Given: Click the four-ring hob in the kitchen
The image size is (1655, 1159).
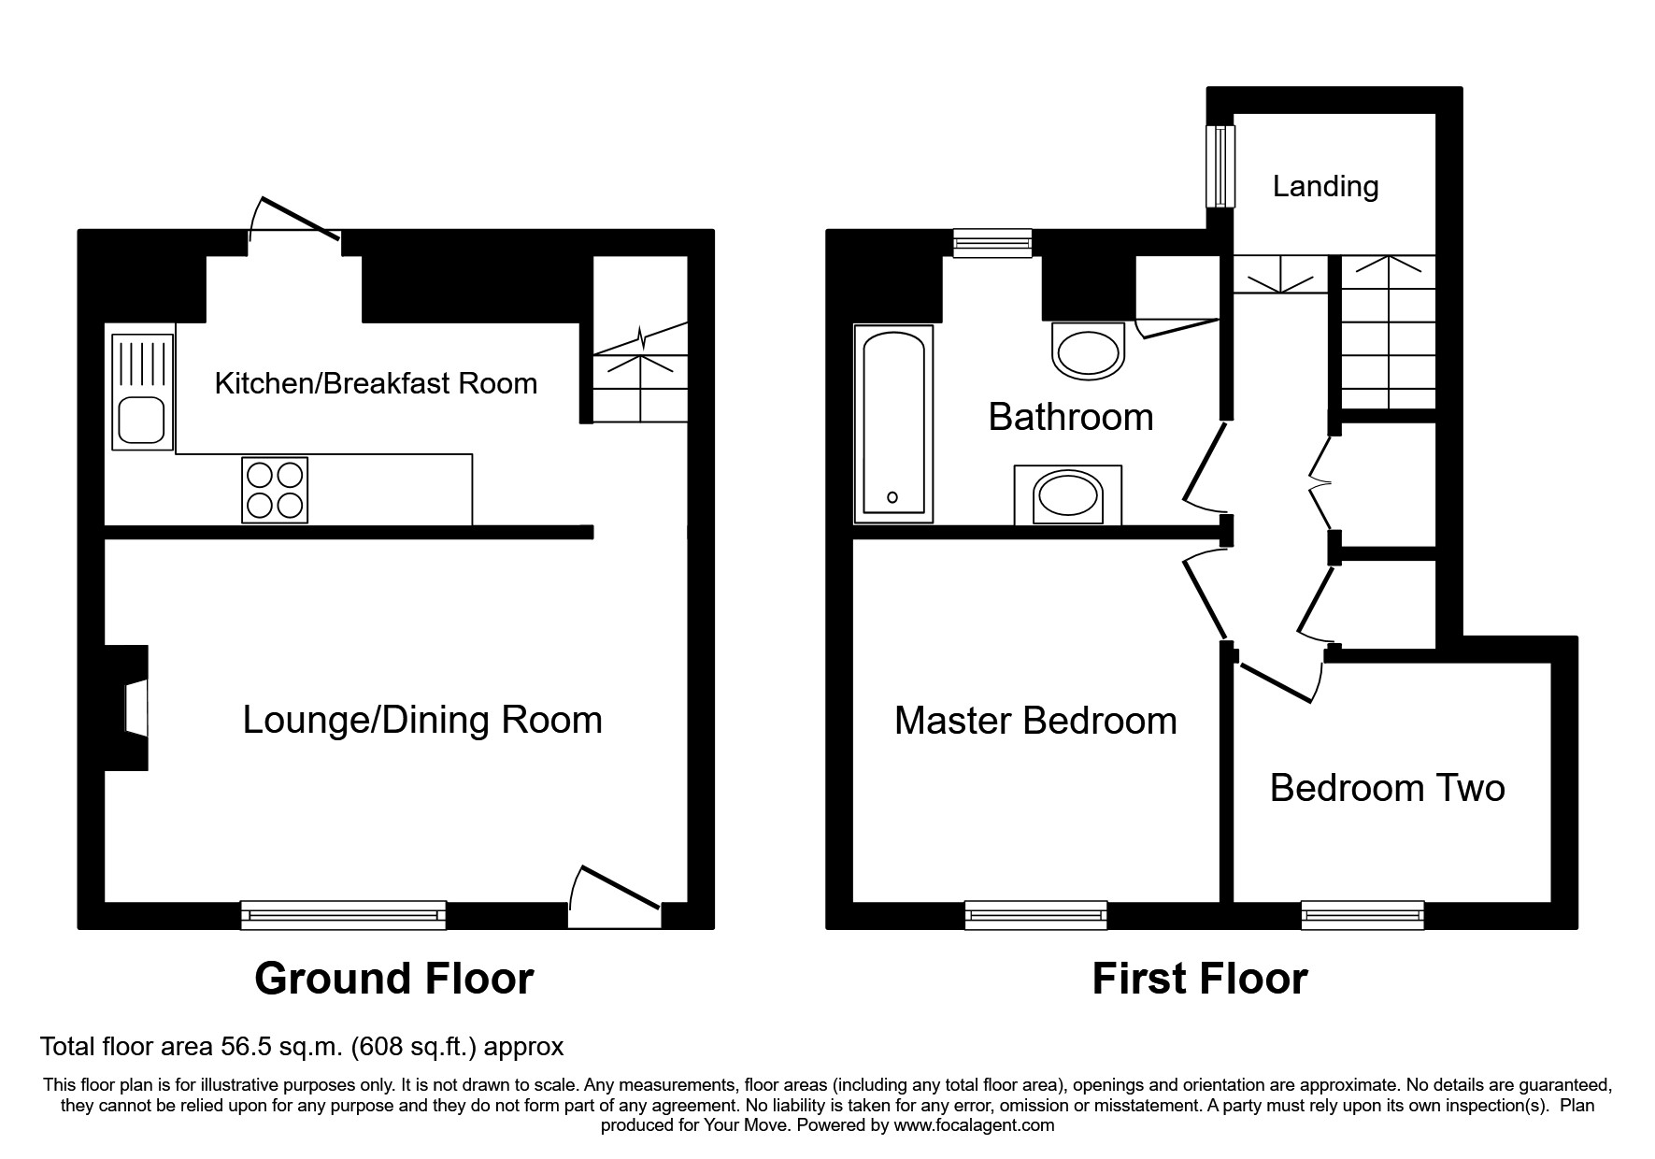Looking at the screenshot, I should coord(275,490).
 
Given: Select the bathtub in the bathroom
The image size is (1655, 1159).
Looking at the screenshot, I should coord(893,423).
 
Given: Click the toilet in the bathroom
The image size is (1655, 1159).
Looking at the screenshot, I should coord(1085,351).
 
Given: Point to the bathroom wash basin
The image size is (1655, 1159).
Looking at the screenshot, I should coord(1067,495).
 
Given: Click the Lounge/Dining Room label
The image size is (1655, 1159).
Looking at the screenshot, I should coord(422,720).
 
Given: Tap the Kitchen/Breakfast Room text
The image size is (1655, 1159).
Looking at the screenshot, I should coord(376,383).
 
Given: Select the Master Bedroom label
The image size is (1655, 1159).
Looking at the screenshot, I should coord(1035,721).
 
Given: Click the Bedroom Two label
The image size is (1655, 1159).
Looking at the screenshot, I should coord(1387,788).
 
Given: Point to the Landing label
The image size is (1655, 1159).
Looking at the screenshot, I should coord(1325,186).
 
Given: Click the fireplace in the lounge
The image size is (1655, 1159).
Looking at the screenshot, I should coord(131,708).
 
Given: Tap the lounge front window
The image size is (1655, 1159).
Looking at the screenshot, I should coord(343,915).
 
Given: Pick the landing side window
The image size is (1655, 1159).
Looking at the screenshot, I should coord(1220,166).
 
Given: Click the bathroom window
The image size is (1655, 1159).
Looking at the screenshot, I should coord(992,243).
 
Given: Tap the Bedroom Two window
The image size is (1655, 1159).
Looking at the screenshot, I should coord(1363,915).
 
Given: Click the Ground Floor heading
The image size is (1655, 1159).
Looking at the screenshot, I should coord(393,979).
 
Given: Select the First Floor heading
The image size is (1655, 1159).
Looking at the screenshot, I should coord(1199,979).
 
